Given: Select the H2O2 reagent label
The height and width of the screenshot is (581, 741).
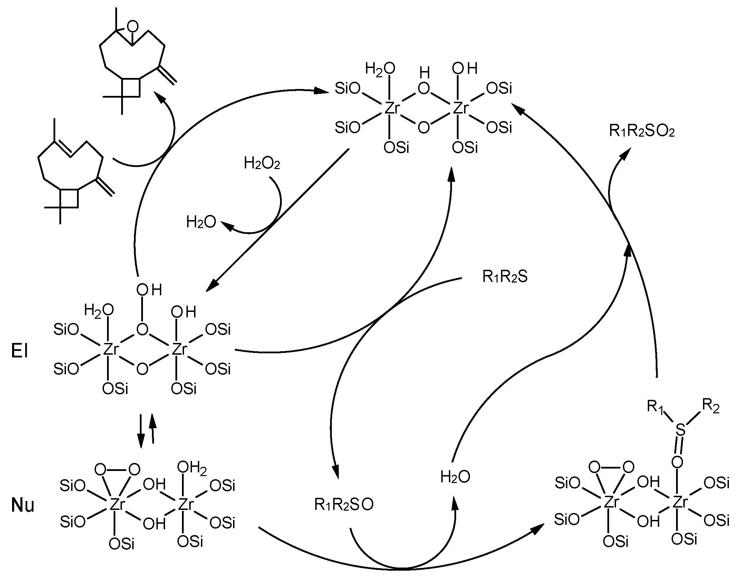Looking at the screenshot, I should point(262,163).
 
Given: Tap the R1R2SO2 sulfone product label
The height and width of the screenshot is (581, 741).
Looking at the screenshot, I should point(642,131).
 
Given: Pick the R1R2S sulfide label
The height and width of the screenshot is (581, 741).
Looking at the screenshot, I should point(505,277).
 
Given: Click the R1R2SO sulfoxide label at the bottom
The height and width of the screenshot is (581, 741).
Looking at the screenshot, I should point(344,505).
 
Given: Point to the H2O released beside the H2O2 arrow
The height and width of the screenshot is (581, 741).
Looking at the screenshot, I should point(201,222).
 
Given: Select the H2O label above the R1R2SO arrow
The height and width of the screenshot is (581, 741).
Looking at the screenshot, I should point(455,477).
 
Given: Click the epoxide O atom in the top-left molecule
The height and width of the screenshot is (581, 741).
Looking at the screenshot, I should point(132,27).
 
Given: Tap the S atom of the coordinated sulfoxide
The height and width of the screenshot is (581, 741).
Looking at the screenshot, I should point(680,430).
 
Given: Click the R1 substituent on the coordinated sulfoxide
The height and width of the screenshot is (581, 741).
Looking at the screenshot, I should point(655,407).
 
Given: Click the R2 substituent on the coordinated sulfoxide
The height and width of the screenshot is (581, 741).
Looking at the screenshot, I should point(711,407).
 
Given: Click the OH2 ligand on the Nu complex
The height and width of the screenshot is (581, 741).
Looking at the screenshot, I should point(192,468).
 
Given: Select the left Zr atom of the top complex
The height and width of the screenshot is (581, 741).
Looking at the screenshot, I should point(392,108).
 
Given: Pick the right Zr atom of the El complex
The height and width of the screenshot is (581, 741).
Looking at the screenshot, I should point(180,350).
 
